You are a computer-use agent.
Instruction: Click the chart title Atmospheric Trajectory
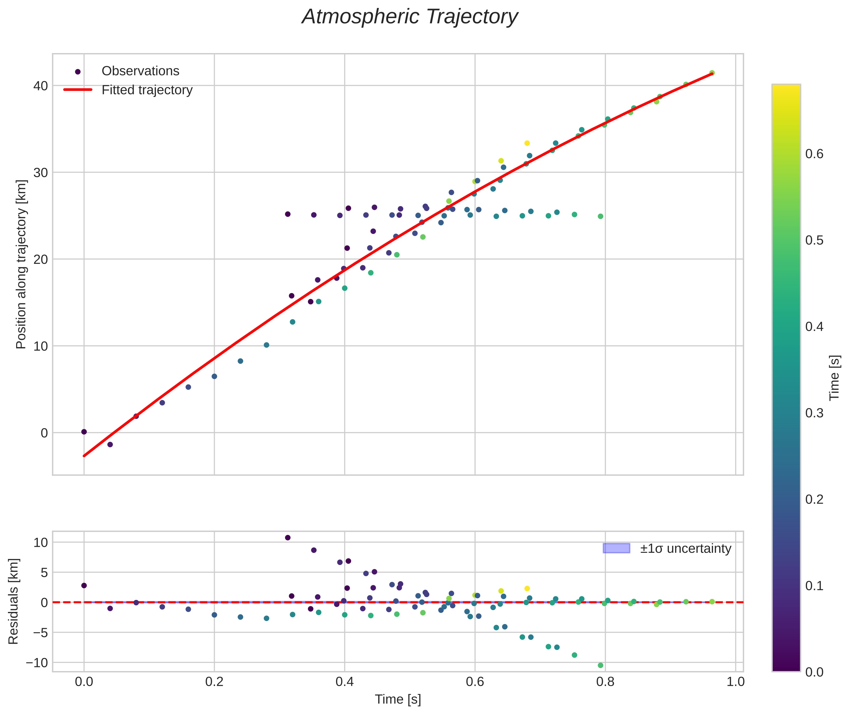[410, 17]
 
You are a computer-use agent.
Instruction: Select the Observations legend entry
[140, 71]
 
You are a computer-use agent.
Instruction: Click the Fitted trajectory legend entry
[147, 90]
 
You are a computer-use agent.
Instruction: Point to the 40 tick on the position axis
[40, 86]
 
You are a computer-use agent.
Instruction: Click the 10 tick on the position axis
[40, 346]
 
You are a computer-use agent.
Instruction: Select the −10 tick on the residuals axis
[37, 663]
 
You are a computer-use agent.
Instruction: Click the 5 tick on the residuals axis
[44, 572]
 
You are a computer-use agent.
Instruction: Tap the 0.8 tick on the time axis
[605, 682]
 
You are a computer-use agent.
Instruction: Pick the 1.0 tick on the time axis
[735, 682]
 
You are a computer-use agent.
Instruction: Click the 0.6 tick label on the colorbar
[814, 154]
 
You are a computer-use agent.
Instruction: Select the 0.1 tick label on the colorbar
[814, 586]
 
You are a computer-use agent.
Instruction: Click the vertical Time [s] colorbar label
[834, 378]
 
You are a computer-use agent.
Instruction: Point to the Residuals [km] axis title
[13, 601]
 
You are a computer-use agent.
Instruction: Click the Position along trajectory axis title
[21, 264]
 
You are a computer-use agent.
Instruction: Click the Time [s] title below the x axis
[398, 699]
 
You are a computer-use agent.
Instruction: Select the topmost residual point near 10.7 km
[287, 538]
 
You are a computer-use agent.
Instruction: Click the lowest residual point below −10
[600, 665]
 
